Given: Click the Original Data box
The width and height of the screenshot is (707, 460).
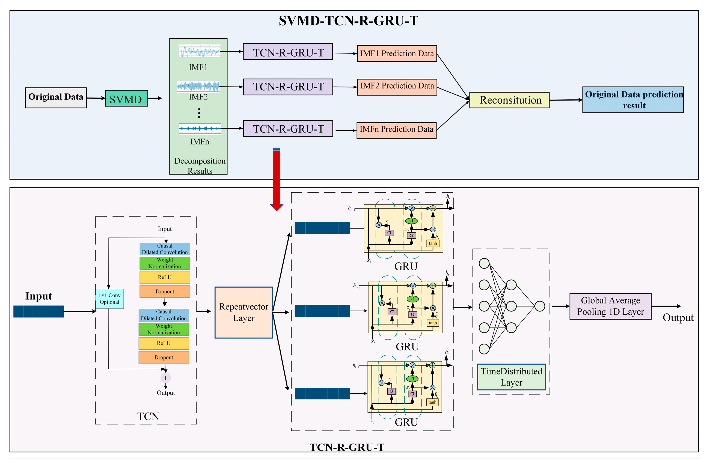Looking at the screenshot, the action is [x=56, y=98].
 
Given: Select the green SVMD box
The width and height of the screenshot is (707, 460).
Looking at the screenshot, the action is [x=127, y=98].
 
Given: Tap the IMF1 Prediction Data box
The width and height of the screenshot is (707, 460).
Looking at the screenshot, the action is [x=397, y=54].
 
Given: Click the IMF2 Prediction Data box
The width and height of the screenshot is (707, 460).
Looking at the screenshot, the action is [x=397, y=87].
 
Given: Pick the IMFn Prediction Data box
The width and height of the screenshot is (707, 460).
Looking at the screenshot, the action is [x=397, y=130].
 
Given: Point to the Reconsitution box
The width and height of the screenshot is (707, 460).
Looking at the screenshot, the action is [x=509, y=100].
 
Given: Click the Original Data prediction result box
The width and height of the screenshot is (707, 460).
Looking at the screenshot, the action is [x=633, y=100].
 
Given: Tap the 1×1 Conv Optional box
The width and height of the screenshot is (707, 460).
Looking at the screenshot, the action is [x=110, y=299].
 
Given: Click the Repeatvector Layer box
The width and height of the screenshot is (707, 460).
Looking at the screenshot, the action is [x=244, y=312].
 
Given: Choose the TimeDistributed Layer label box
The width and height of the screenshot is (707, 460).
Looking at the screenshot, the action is [x=512, y=377].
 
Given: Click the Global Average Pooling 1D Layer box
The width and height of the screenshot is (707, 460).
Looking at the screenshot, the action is [x=610, y=306].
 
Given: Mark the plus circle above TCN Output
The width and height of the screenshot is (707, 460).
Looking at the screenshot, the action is [x=166, y=378].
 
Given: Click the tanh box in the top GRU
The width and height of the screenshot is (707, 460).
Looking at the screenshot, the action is [x=433, y=243].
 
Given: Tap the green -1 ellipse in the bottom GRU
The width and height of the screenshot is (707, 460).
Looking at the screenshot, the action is [x=412, y=379].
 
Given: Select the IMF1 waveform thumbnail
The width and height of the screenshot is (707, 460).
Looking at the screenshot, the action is [x=200, y=51].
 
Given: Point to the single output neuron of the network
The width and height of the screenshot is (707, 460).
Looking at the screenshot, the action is [x=540, y=306].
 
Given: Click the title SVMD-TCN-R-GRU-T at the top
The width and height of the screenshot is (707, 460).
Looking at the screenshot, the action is [x=348, y=21].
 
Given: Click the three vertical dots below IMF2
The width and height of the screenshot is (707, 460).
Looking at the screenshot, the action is [x=199, y=113].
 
